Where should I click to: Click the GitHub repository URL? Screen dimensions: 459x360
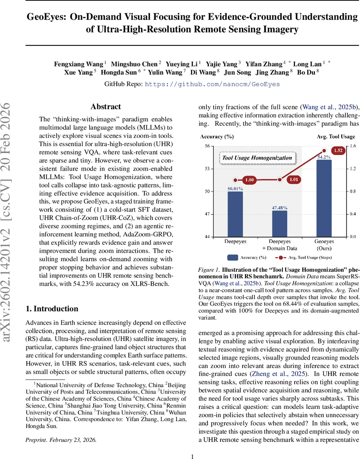[x=212, y=84]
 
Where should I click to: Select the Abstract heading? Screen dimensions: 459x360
[x=105, y=107]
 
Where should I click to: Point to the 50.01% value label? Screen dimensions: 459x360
[x=235, y=188]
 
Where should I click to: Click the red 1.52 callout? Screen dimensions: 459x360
[x=337, y=151]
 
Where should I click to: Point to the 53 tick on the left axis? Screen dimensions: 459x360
[x=218, y=169]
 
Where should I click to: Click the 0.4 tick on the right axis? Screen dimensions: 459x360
[x=352, y=214]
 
